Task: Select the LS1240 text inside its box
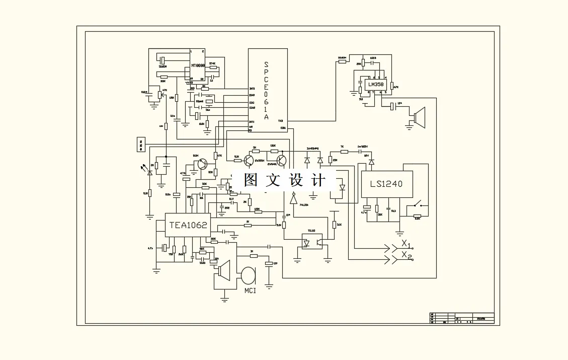[386, 184]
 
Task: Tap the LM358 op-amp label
[375, 85]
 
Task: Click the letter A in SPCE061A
[266, 117]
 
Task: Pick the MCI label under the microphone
[250, 291]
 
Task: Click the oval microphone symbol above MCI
[248, 275]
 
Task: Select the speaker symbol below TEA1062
[223, 271]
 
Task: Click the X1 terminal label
[406, 245]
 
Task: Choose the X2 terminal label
[406, 257]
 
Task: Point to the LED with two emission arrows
[149, 171]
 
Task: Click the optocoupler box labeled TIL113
[312, 241]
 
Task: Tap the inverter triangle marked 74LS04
[293, 199]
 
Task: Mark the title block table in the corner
[462, 318]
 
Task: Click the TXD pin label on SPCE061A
[280, 121]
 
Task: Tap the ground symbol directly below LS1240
[399, 232]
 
